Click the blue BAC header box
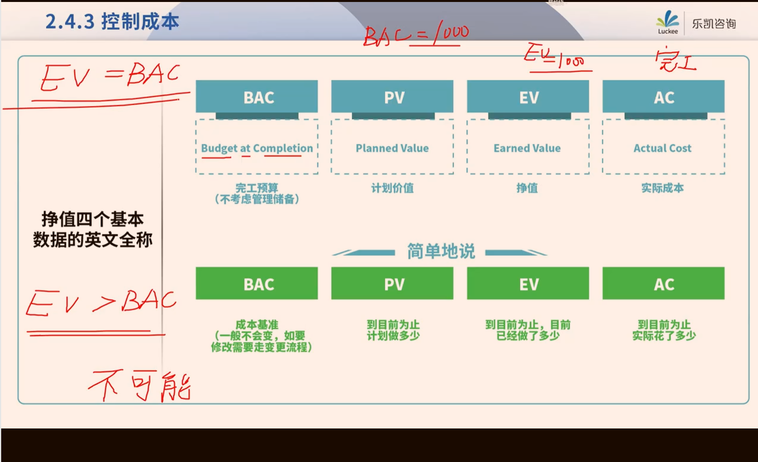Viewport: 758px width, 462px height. coord(256,97)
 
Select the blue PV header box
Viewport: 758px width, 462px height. coord(392,97)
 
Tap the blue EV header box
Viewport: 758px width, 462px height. coord(528,97)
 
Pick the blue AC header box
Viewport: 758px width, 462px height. coord(663,97)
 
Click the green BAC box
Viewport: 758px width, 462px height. coord(256,283)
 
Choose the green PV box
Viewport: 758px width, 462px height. coord(392,283)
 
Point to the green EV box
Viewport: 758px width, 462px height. coord(528,283)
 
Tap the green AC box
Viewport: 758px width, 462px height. coord(663,283)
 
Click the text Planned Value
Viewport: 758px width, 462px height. coord(392,148)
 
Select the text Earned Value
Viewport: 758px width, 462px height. coord(527,148)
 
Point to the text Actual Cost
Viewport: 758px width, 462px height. coord(663,148)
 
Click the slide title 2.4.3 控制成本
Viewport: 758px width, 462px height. coord(112,21)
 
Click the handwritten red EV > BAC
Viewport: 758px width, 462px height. coord(101,303)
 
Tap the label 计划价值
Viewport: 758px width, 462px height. coord(392,188)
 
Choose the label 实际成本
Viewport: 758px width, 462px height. coord(663,188)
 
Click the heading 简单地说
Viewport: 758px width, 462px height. coord(441,251)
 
